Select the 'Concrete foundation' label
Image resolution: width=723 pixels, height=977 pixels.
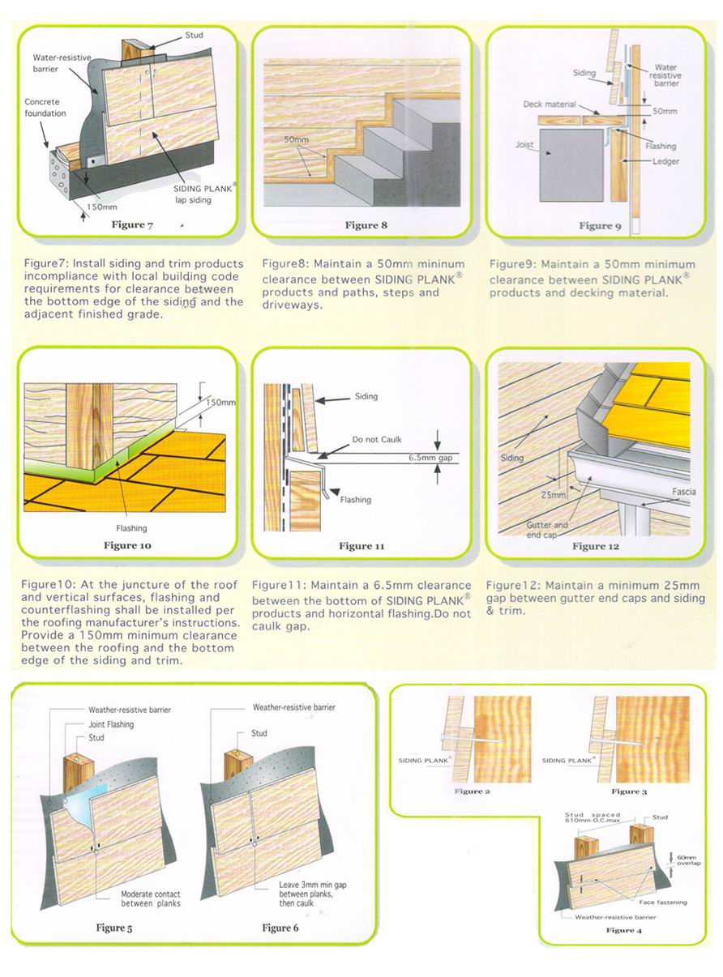(45, 108)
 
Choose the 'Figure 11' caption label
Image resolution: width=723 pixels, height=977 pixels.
(356, 546)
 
